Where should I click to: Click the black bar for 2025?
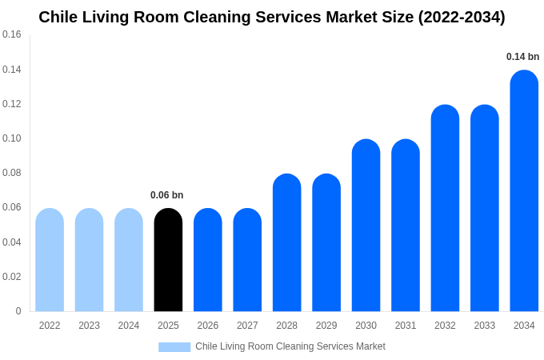pos(168,260)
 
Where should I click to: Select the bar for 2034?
pos(524,191)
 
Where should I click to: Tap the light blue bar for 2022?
pos(50,260)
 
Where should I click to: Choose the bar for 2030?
pos(366,226)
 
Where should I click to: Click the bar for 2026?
pos(208,260)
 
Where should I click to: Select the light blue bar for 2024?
pos(129,260)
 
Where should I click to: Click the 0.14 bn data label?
pos(522,57)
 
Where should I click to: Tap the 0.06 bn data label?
pos(166,195)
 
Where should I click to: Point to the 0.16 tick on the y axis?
pos(12,34)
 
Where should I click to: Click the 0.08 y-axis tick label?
pos(12,173)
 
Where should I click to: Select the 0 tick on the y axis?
pos(18,311)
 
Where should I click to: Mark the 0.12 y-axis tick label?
pos(12,104)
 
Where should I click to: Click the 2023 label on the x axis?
pos(89,326)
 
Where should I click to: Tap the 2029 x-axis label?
pos(326,326)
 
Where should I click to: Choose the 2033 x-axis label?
pos(484,326)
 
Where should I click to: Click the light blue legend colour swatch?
pos(174,347)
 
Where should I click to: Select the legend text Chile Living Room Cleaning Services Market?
pos(290,346)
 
